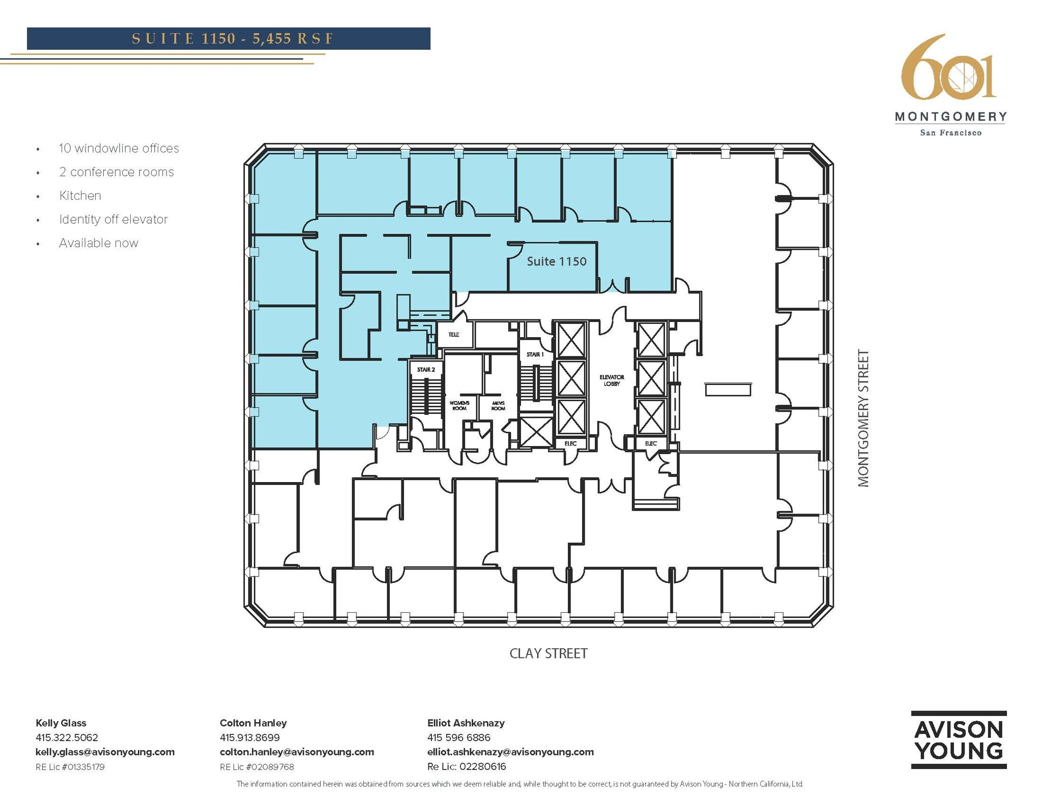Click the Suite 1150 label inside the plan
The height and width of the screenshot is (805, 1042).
coord(556,261)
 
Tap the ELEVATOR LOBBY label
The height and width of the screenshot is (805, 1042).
coord(612,380)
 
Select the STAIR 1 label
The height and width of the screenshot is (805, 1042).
coord(535,354)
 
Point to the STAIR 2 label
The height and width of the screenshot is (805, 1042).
coord(426,370)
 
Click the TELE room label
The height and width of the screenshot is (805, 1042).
coord(453,335)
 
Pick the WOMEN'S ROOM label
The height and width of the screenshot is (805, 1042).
coord(459,405)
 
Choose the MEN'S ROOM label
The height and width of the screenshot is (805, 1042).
coord(498,405)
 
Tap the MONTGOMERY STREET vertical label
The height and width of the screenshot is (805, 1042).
coord(863,418)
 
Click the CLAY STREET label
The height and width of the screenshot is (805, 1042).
coord(548,653)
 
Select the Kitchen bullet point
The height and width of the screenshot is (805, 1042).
coord(80,196)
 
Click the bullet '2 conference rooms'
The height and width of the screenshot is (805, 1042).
coord(116,172)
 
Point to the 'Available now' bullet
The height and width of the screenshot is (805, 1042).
coord(98,243)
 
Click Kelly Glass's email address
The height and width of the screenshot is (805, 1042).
coord(105,752)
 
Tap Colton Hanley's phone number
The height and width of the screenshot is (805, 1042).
coord(249,737)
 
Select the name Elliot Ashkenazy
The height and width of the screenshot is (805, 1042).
coord(466,723)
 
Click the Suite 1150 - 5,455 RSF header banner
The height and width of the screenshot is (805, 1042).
coord(228,39)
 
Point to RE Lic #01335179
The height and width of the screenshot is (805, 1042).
coord(70,767)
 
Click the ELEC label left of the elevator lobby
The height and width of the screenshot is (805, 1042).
coord(570,443)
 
